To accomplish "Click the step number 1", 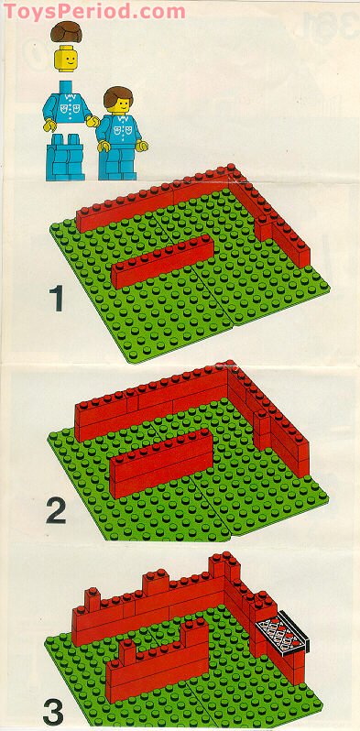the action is point(58,299).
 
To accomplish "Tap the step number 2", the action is point(57,511).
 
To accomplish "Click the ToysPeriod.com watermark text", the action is point(94,10).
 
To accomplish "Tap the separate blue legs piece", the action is point(65,158).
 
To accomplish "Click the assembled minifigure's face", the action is point(120,104).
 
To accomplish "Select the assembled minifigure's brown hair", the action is point(117,95).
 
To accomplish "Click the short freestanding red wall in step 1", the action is point(162,261).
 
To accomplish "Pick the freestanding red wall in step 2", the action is point(161,463).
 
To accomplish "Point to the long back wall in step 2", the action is point(151,402).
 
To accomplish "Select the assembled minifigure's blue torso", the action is point(121,129).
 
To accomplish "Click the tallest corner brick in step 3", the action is point(223,566).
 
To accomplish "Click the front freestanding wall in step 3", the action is point(158,660).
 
